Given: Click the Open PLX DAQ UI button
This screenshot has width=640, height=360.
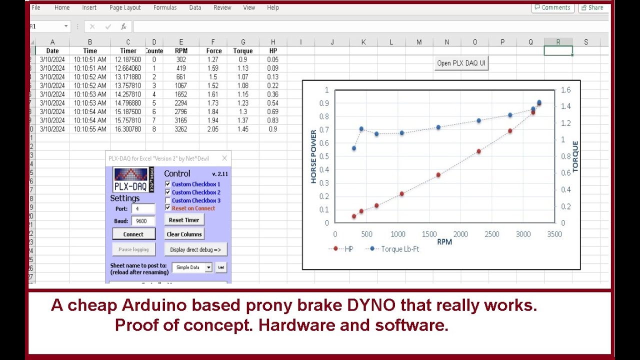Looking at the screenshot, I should [x=461, y=63].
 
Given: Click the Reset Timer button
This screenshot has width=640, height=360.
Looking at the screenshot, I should [x=184, y=220].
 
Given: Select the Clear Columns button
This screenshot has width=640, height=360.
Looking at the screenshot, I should [x=184, y=234].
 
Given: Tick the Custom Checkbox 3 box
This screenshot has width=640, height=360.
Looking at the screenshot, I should [x=168, y=200].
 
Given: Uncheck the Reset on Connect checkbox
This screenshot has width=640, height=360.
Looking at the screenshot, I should [x=168, y=208].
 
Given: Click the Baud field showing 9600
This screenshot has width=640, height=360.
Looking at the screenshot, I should [x=143, y=220].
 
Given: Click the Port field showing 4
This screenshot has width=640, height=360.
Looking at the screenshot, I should [x=143, y=209].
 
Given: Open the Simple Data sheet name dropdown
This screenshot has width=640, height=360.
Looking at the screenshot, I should [x=208, y=267].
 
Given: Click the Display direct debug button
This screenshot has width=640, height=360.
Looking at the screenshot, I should [x=195, y=249].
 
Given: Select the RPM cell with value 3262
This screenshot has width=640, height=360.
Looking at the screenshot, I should [x=181, y=129].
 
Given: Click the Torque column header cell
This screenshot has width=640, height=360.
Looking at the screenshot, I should [x=243, y=50].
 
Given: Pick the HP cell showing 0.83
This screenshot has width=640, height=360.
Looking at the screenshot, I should [x=273, y=120].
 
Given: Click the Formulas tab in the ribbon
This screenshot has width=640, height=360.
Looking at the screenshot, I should [x=165, y=7].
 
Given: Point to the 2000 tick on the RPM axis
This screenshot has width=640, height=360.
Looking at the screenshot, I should [x=460, y=234].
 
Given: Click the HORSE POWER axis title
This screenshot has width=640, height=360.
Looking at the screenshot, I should [x=313, y=156].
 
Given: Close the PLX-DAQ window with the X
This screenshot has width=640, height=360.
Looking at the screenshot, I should [x=224, y=158].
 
